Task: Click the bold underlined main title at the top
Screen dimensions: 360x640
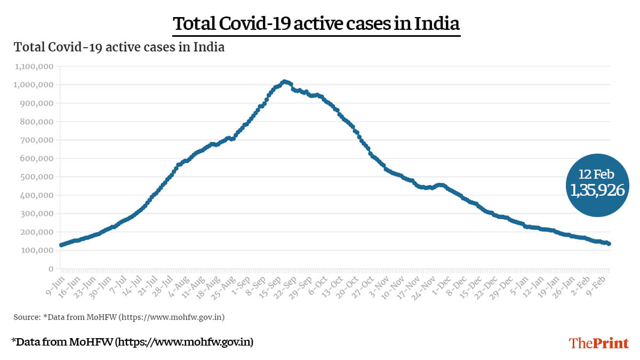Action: click(x=316, y=24)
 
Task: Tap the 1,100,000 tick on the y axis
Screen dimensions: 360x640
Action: click(x=33, y=67)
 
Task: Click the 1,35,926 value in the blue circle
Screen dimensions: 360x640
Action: click(x=597, y=190)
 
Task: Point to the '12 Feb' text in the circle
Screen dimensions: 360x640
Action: click(x=597, y=174)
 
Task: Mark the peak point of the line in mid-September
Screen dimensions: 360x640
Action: click(x=284, y=81)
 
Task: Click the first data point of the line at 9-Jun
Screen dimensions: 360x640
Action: click(x=61, y=245)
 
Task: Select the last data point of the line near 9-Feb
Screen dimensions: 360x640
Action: click(x=610, y=244)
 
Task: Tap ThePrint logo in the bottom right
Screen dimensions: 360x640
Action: click(x=599, y=343)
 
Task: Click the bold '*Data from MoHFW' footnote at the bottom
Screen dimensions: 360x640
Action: click(x=132, y=342)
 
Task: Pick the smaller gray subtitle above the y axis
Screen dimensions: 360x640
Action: click(x=119, y=47)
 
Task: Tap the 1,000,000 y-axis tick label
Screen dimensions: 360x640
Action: click(x=33, y=85)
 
